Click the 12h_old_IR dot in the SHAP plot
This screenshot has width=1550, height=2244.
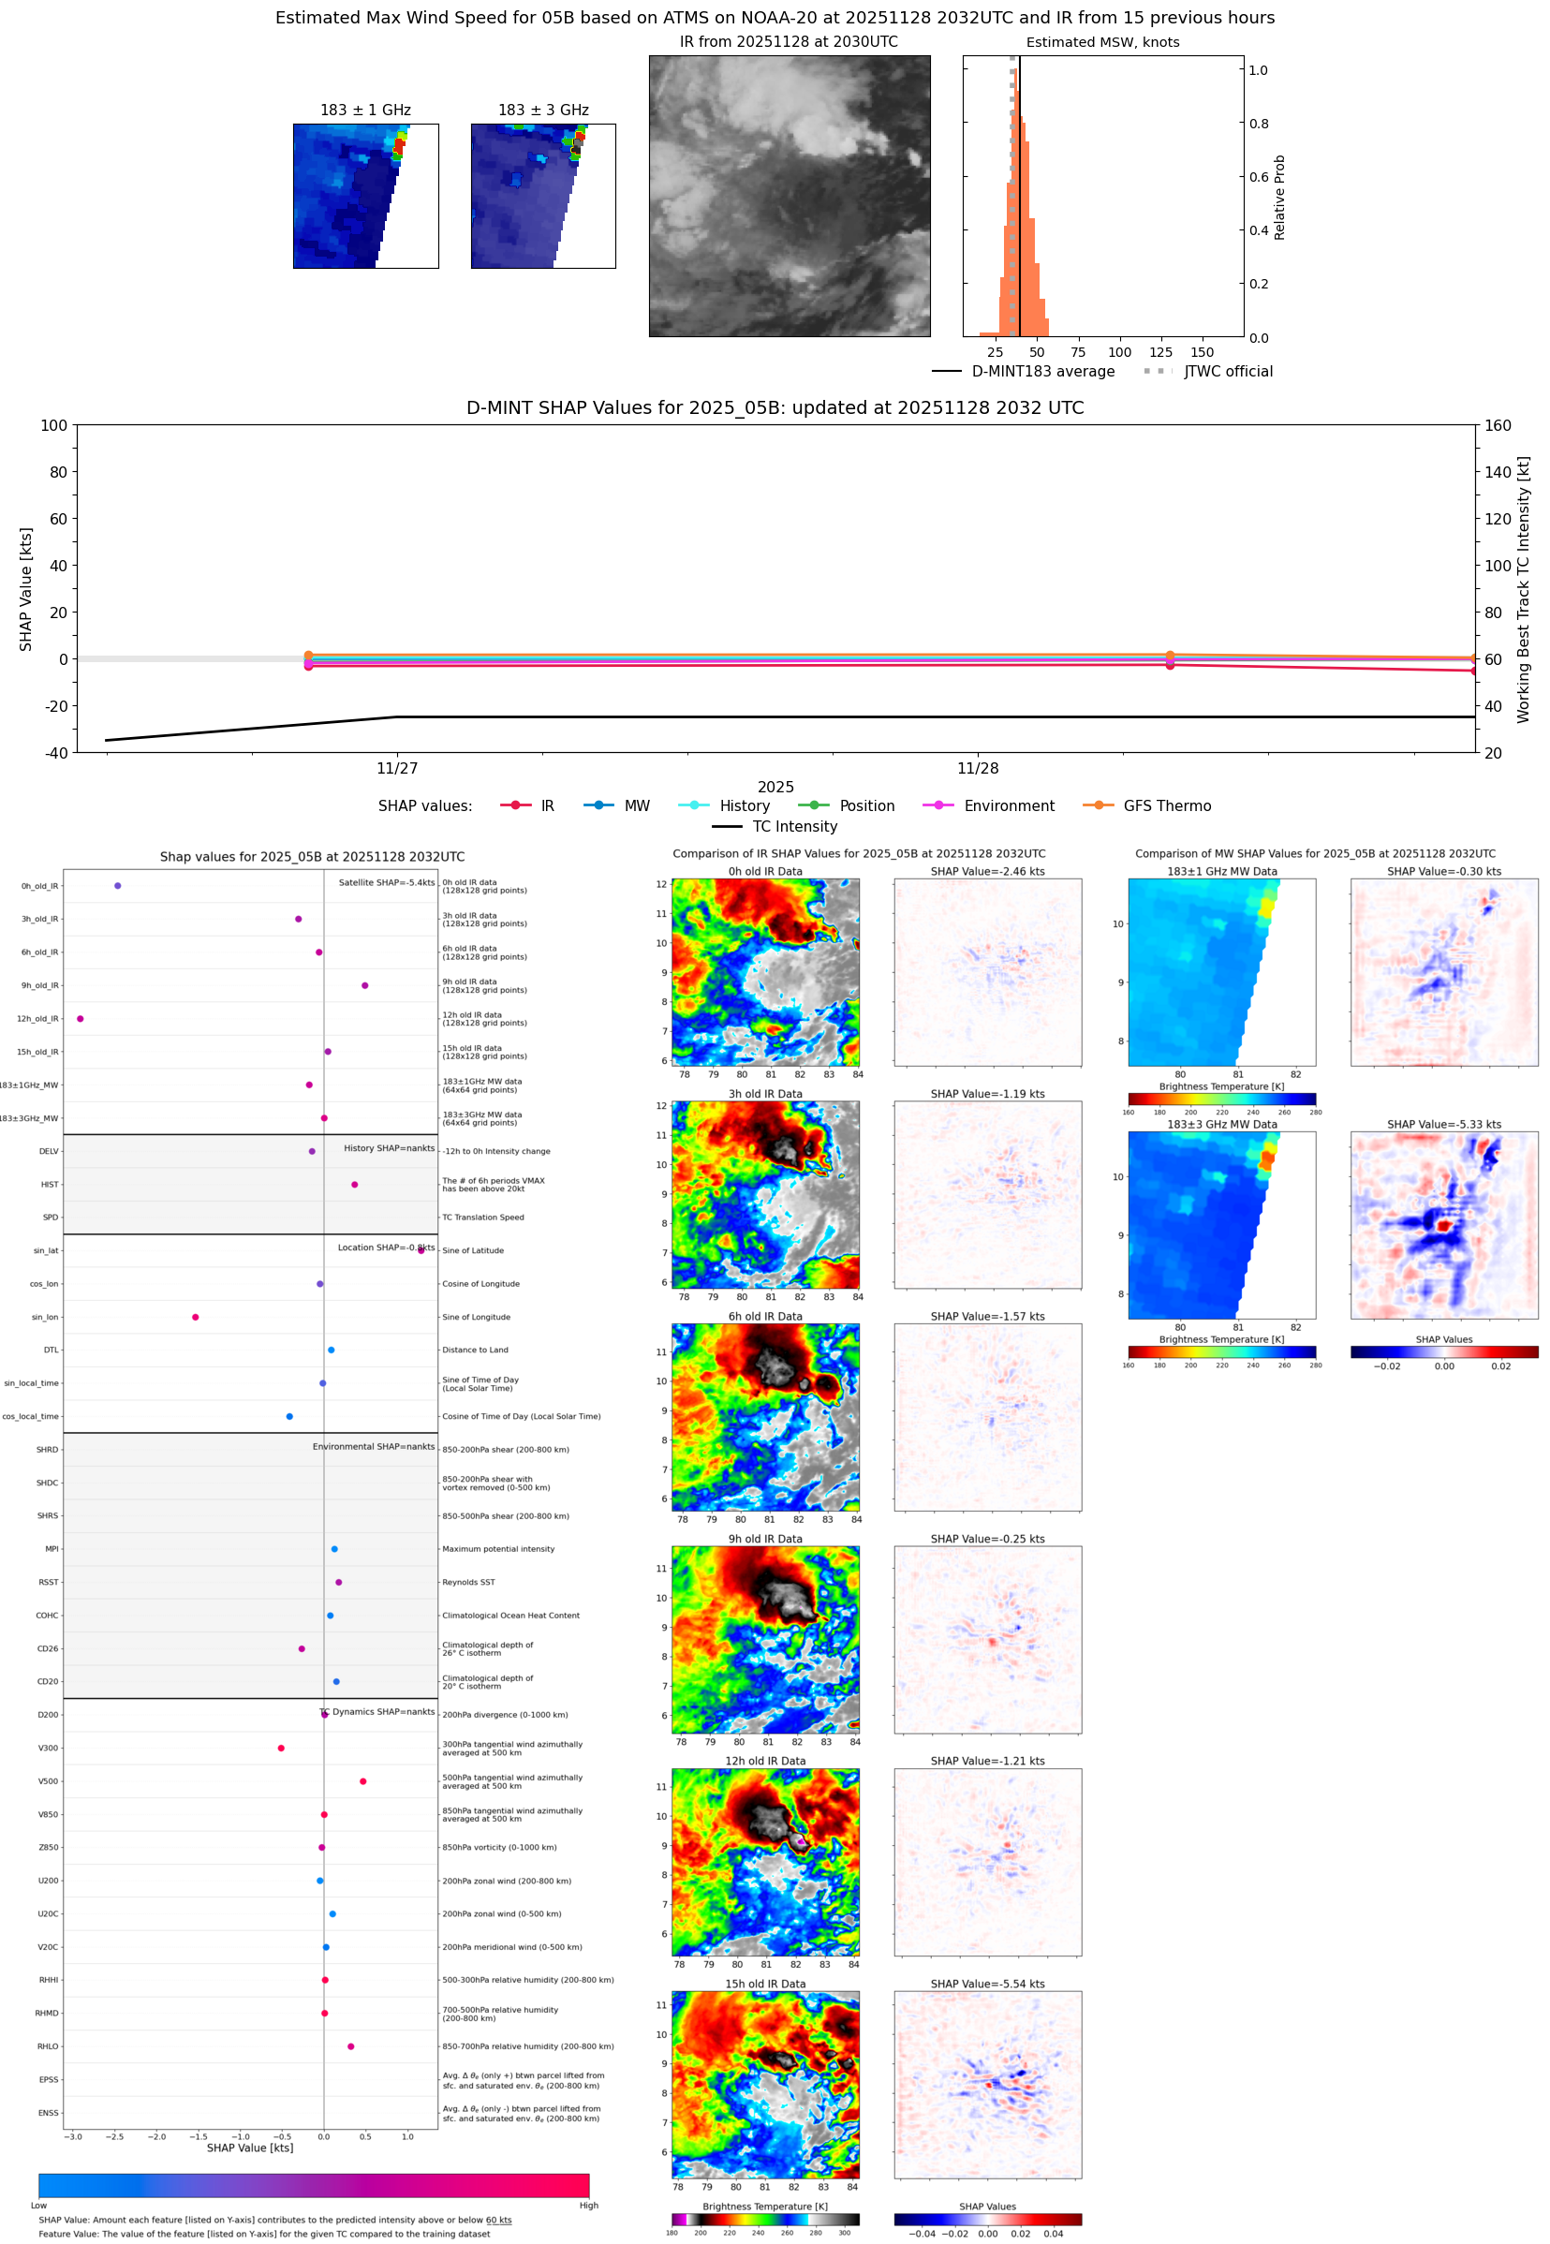pyautogui.click(x=80, y=1019)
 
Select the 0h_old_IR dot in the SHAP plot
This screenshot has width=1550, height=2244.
pyautogui.click(x=117, y=886)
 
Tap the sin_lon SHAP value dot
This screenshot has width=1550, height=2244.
pyautogui.click(x=195, y=1317)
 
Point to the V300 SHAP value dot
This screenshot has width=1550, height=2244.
pyautogui.click(x=281, y=1748)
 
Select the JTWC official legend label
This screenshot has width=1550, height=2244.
pyautogui.click(x=1228, y=371)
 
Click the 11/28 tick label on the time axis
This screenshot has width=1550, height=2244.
pyautogui.click(x=977, y=768)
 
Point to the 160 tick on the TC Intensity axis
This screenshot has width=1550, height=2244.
pyautogui.click(x=1498, y=425)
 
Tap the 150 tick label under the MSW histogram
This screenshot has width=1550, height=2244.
pyautogui.click(x=1202, y=352)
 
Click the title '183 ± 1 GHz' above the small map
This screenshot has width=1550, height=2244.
pyautogui.click(x=365, y=111)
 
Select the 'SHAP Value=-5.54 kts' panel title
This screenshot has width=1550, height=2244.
pyautogui.click(x=987, y=1984)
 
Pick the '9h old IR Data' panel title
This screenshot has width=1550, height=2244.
pyautogui.click(x=765, y=1539)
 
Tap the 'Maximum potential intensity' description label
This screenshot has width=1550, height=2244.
pyautogui.click(x=498, y=1549)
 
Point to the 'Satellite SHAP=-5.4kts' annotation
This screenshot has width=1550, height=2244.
pyautogui.click(x=387, y=882)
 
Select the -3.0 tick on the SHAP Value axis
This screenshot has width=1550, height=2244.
pyautogui.click(x=73, y=2136)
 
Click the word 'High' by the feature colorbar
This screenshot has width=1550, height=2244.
pyautogui.click(x=588, y=2206)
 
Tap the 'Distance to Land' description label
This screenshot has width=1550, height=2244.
pyautogui.click(x=475, y=1350)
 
